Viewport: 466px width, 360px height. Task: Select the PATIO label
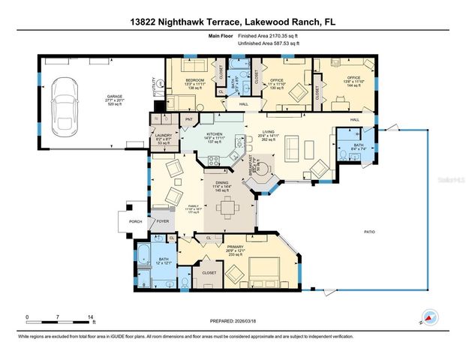[368, 232]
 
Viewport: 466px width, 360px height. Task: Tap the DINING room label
[222, 182]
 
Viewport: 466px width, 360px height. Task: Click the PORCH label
[136, 221]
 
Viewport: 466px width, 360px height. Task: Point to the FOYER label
[163, 221]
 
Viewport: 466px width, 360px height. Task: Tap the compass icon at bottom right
[429, 318]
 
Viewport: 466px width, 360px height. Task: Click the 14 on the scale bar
[91, 316]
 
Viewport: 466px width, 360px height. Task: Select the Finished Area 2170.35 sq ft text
[269, 35]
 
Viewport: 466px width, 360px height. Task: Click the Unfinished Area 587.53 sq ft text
[269, 43]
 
